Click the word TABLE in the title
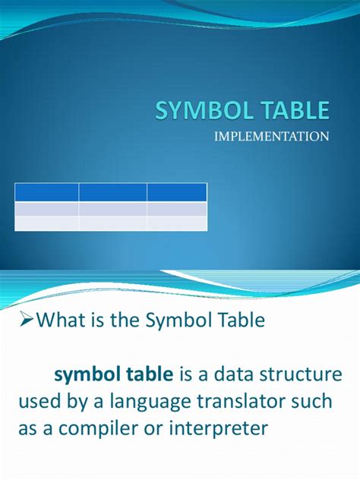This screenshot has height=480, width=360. [295, 110]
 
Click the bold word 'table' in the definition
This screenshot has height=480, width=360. [144, 374]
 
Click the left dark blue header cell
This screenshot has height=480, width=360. [46, 192]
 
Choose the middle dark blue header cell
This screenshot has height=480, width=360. [112, 192]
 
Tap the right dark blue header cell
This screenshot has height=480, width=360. [177, 192]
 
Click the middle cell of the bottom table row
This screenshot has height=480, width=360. [112, 223]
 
